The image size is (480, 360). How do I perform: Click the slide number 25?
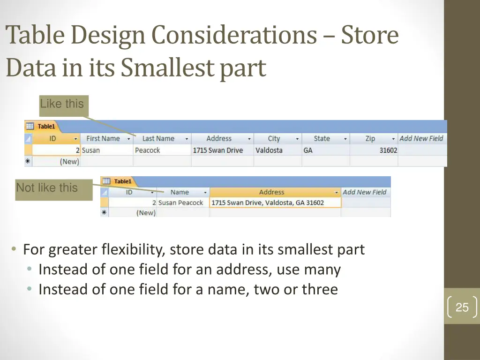point(462,307)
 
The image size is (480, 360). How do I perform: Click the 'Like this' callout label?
point(62,104)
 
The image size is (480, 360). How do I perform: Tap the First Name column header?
point(103,139)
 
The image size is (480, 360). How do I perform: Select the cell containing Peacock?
point(148,150)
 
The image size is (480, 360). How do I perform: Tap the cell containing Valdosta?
point(269,150)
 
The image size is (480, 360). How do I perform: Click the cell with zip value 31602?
point(388,150)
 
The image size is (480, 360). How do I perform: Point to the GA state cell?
point(308,150)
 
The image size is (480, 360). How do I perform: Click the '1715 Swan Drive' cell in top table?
point(218,150)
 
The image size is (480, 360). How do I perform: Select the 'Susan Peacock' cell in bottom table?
point(180,203)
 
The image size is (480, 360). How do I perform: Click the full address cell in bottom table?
point(268,203)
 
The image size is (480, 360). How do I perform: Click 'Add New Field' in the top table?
point(421,139)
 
